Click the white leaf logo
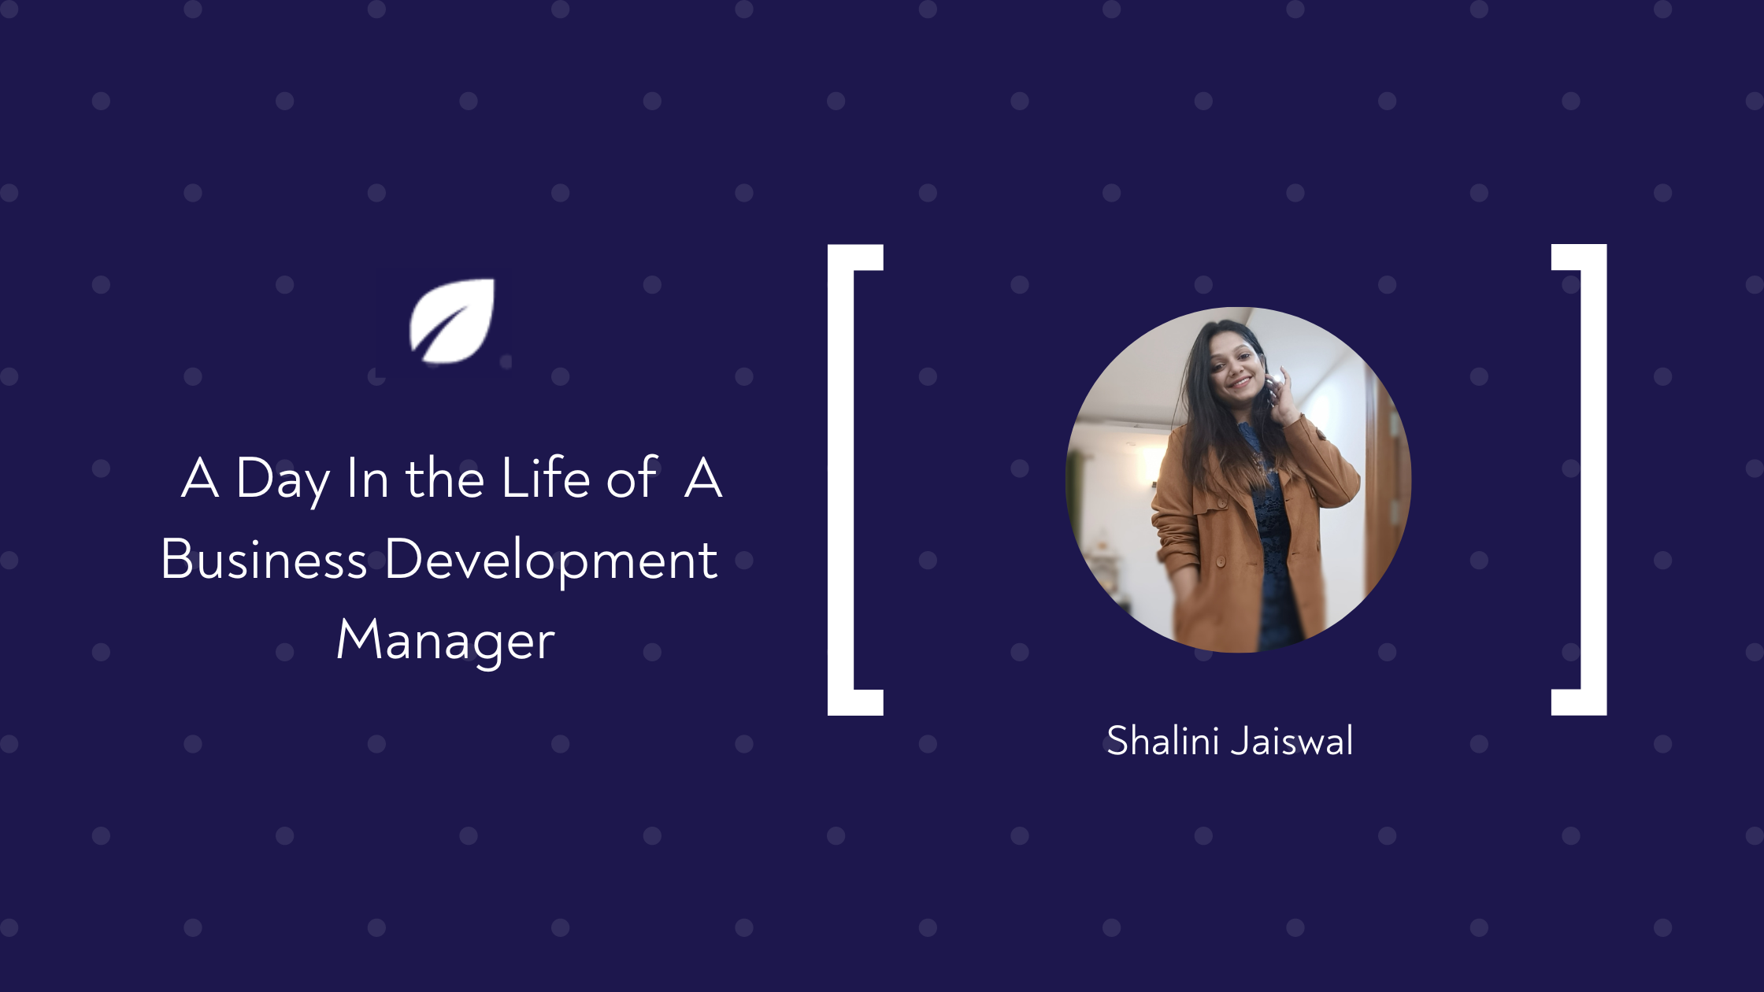452,321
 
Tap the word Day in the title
283,479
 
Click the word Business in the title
264,559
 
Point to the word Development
551,562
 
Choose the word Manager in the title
446,641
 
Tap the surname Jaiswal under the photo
1292,741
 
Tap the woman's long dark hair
1213,417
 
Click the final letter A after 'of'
703,477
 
